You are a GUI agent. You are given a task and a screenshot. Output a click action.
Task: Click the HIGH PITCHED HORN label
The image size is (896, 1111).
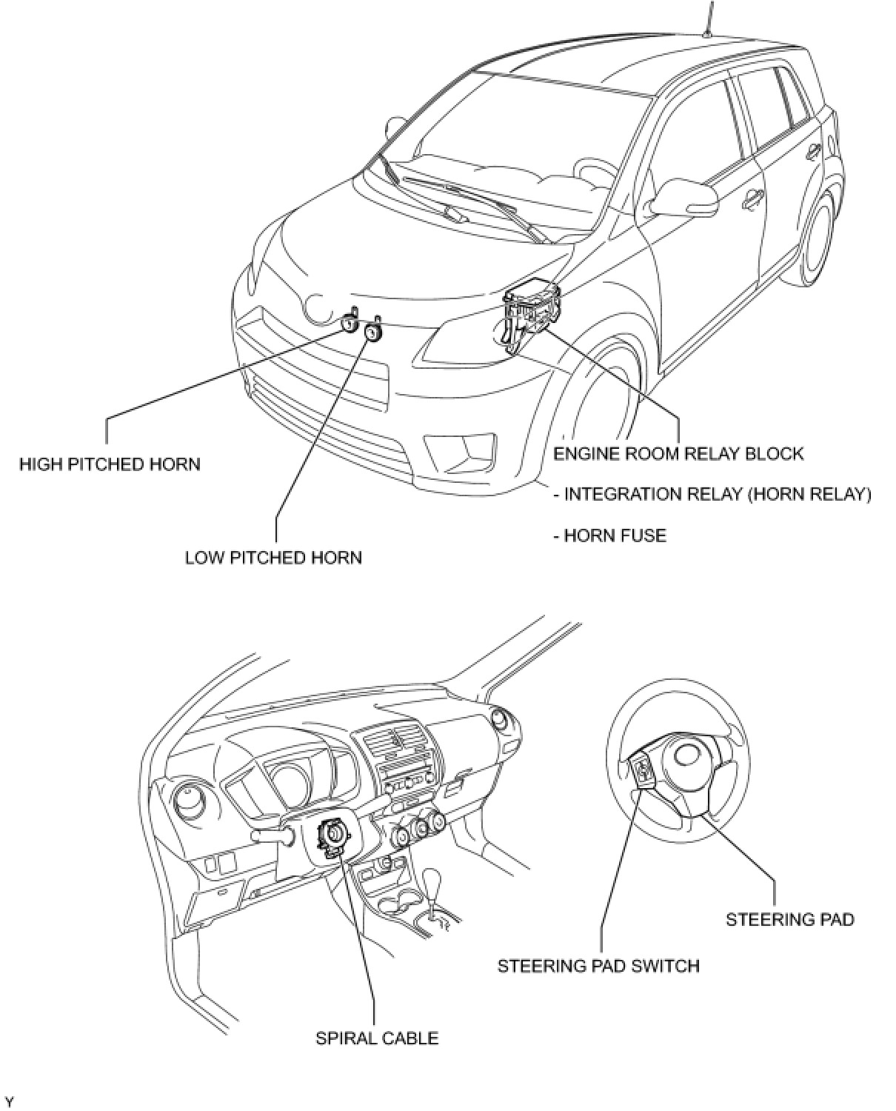[110, 464]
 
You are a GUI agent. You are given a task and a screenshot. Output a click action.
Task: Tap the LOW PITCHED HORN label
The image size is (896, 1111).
[273, 558]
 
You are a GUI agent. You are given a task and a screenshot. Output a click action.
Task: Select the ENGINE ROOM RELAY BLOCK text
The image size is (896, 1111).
[678, 453]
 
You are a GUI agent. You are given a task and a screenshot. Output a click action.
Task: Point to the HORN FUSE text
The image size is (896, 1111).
[609, 535]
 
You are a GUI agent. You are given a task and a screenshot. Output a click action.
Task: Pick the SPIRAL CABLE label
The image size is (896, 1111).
[377, 1038]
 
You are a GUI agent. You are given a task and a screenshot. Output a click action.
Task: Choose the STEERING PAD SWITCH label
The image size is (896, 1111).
[598, 966]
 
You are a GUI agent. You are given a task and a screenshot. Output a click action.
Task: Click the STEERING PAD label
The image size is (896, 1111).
[789, 919]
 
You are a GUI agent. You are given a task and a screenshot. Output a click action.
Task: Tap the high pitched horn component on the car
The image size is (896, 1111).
[350, 323]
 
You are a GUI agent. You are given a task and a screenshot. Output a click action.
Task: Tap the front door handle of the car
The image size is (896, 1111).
[753, 197]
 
